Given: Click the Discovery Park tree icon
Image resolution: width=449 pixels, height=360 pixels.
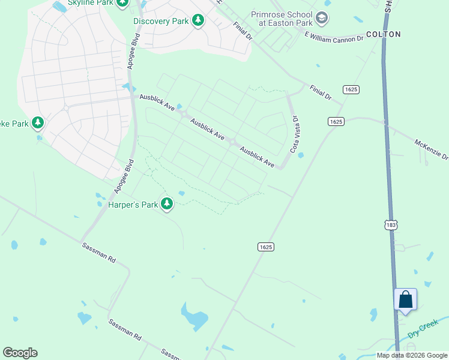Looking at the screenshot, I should point(198,21).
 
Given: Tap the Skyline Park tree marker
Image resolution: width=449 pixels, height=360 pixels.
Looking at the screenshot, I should point(122,3).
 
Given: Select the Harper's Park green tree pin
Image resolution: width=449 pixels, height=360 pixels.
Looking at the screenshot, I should point(167,205).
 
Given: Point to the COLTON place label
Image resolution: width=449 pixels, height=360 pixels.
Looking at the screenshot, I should point(383,34).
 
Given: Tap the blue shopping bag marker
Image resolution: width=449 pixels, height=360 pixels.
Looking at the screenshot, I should point(405,299).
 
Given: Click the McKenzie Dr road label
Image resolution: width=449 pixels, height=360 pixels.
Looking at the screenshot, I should point(432,149).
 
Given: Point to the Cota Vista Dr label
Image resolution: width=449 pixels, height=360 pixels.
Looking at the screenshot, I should point(295,134).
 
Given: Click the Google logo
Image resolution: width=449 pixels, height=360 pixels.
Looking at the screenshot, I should point(20,353).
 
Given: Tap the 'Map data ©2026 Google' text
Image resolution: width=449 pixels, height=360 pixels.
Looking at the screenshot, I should point(412,355).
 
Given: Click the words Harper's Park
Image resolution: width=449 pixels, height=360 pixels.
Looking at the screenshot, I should point(133,205).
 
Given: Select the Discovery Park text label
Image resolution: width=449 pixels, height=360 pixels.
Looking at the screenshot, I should point(161,21).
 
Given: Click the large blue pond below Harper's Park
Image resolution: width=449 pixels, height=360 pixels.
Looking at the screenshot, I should point(195,318).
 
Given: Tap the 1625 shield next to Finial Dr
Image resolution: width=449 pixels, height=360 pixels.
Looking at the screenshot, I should point(351,89).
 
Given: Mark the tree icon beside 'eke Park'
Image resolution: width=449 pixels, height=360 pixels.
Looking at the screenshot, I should point(38,124).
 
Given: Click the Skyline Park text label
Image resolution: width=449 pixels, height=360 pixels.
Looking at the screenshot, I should point(90,3).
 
